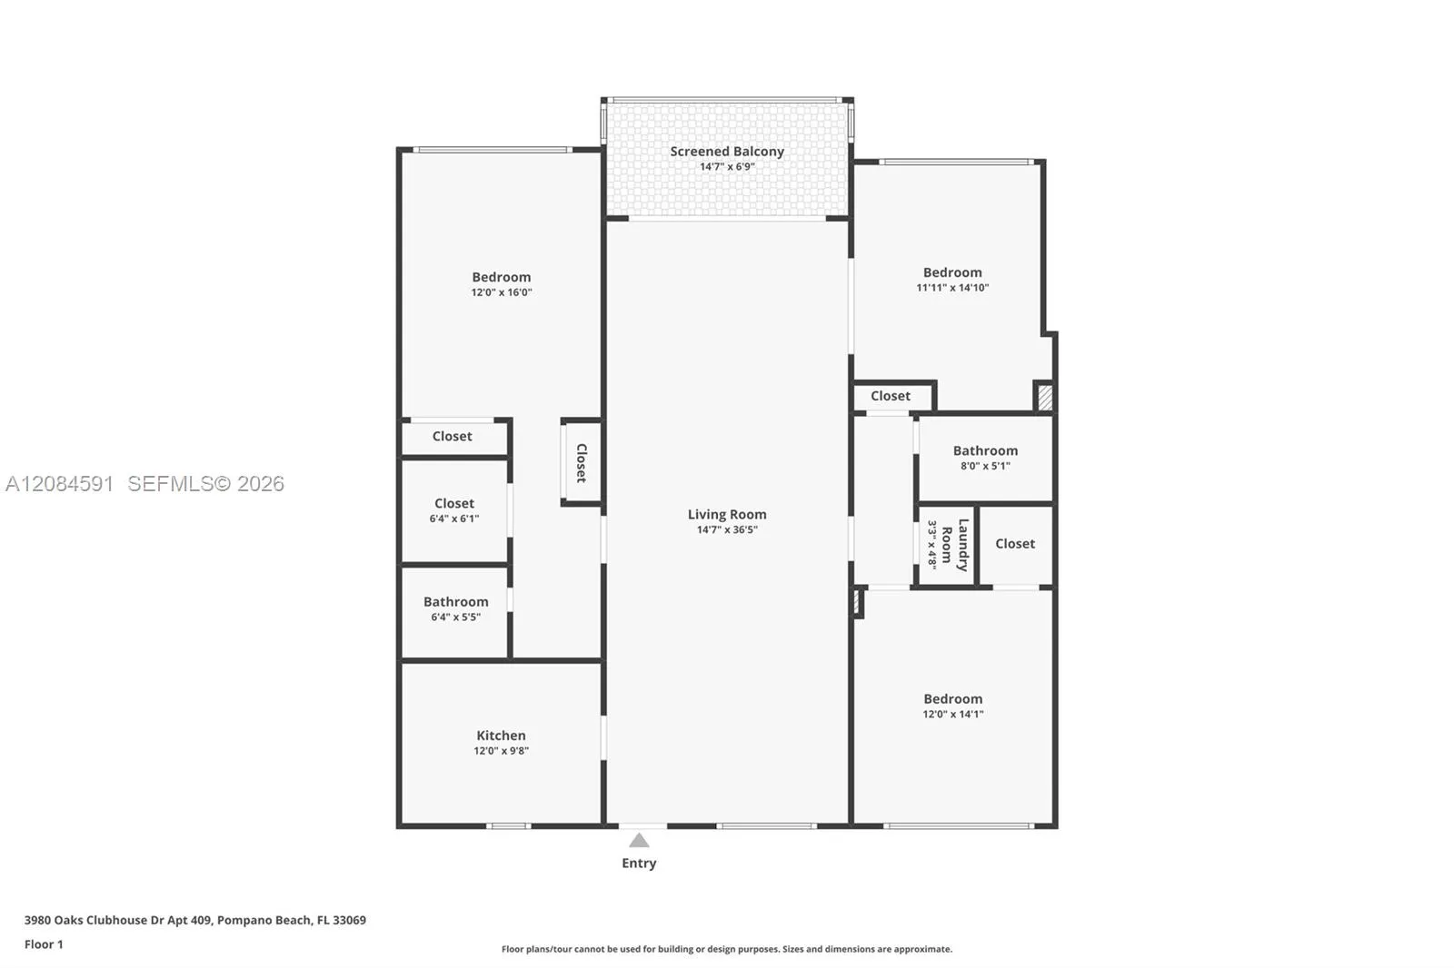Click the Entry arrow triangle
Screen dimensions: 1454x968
pos(639,840)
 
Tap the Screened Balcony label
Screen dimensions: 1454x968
pos(727,151)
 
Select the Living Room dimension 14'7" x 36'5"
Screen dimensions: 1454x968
pos(727,529)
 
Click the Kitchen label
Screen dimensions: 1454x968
pos(501,736)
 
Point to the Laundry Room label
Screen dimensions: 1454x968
pos(955,545)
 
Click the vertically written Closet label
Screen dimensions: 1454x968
pos(582,462)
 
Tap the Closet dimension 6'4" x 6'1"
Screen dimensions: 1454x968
pos(454,519)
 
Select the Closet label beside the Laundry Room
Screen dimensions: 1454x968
pos(1015,544)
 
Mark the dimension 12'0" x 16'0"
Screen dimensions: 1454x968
pos(502,292)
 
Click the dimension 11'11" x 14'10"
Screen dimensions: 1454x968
pos(952,288)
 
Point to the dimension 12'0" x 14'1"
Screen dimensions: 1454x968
pos(953,714)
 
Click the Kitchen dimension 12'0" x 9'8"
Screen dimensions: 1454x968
pos(501,751)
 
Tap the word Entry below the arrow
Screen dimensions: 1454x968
pos(640,863)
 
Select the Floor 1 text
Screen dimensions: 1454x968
pos(45,944)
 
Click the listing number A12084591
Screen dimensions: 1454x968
pos(60,483)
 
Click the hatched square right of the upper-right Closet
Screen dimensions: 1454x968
pos(1045,397)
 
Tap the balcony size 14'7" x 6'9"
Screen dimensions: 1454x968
pos(727,167)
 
